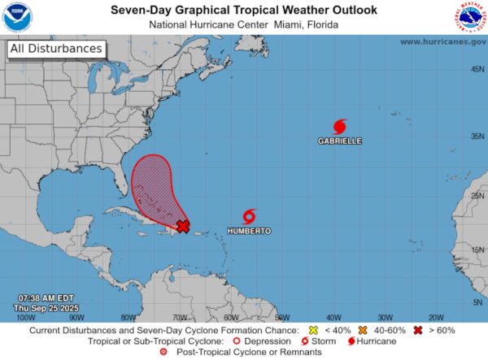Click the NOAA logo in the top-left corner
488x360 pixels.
16,16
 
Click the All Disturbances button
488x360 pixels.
56,49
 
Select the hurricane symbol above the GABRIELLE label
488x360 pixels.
340,126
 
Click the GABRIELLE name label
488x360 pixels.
340,141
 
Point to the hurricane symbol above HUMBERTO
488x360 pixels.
250,216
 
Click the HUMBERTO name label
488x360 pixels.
249,232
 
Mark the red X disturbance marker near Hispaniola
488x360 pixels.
183,226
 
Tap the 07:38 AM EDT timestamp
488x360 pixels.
38,299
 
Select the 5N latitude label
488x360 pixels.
477,302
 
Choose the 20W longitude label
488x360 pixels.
435,317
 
